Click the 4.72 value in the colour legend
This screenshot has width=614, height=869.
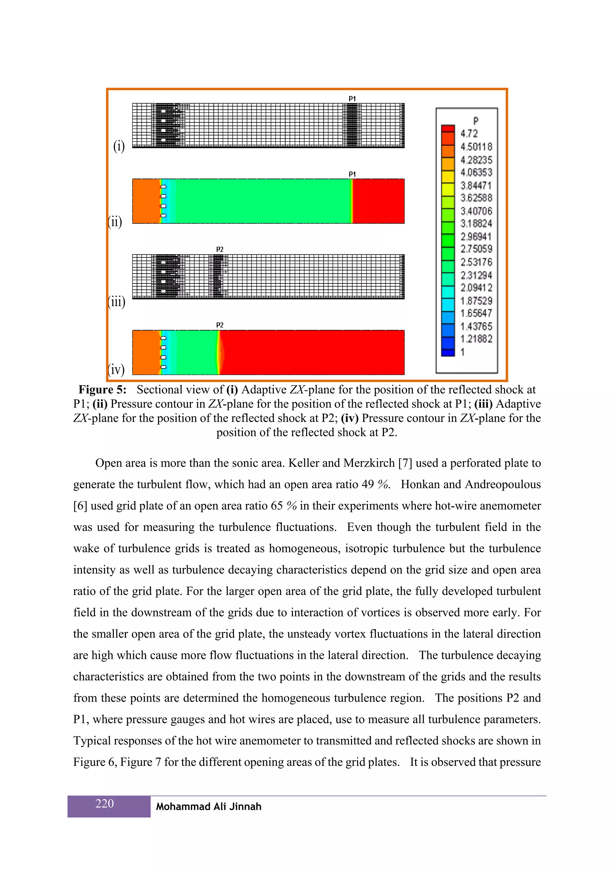tap(469, 133)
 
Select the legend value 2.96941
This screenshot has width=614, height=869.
tap(476, 237)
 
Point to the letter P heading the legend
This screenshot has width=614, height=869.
tap(475, 121)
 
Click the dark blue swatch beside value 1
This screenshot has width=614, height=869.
tap(448, 352)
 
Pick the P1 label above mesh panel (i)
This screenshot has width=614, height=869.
tap(352, 99)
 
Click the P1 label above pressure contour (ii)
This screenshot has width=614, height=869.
tap(352, 174)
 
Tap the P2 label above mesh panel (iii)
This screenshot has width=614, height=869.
tap(220, 249)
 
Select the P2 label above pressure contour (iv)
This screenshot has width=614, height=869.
tap(220, 325)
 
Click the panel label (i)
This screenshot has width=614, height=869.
tap(119, 146)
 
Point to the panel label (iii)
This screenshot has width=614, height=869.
tap(117, 302)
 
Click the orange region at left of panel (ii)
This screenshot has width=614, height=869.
tap(146, 201)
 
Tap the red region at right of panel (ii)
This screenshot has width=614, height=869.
tap(378, 201)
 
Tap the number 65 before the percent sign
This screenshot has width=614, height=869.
tap(276, 506)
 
